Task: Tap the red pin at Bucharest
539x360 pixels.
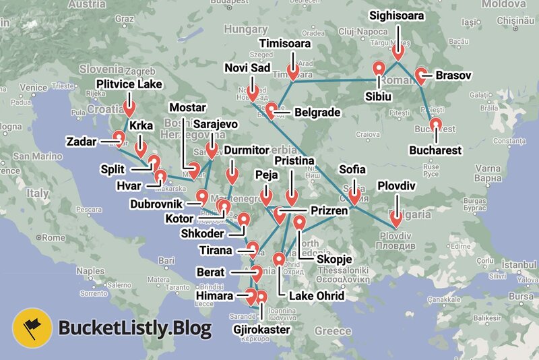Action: [x=435, y=125]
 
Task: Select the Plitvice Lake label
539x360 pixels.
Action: [x=129, y=84]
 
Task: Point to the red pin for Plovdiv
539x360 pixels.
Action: [x=395, y=218]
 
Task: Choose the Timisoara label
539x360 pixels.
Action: [x=285, y=44]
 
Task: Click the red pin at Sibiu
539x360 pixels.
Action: [x=378, y=69]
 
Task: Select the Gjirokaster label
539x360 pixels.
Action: [x=261, y=330]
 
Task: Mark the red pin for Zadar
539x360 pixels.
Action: [x=119, y=138]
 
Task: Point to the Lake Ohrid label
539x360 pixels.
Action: [x=316, y=296]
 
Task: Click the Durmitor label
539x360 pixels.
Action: [x=246, y=149]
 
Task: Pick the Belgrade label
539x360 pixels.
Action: [x=317, y=113]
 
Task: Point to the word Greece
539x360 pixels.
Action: [x=333, y=331]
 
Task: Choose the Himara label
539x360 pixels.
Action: [x=216, y=296]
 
